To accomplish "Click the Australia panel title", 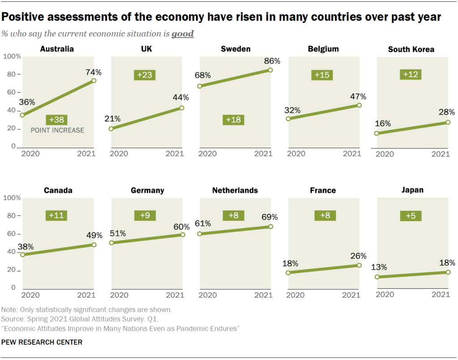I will pos(57,49).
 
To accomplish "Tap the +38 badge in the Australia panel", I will pos(57,120).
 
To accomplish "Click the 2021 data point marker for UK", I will pos(182,107).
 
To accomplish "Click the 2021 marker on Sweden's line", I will pos(270,70).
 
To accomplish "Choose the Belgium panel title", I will pos(323,49).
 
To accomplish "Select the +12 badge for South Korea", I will pos(411,75).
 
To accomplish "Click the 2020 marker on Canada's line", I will pos(22,254).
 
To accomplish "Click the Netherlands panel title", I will pos(235,190).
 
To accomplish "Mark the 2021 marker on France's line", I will pos(359,265).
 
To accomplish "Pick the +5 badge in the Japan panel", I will pos(411,216).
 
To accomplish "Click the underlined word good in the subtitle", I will pos(183,34).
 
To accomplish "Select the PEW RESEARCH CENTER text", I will pos(42,342).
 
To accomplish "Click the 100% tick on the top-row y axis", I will pos(12,56).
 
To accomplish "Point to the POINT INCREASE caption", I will pos(57,130).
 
